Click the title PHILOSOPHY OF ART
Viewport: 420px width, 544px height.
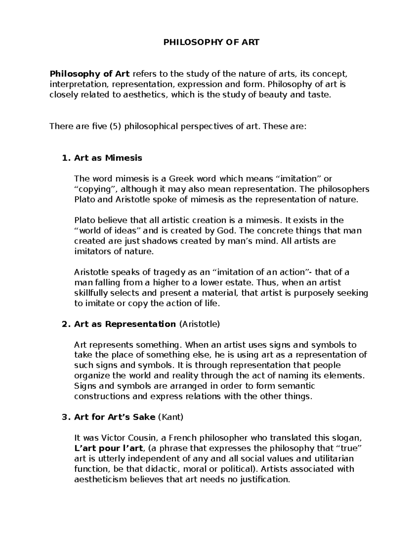tap(212, 43)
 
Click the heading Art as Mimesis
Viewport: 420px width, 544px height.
tap(108, 158)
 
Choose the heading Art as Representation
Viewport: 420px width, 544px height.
tap(125, 324)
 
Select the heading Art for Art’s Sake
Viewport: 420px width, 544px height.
tap(114, 417)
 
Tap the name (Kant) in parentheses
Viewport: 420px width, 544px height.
tap(171, 417)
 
